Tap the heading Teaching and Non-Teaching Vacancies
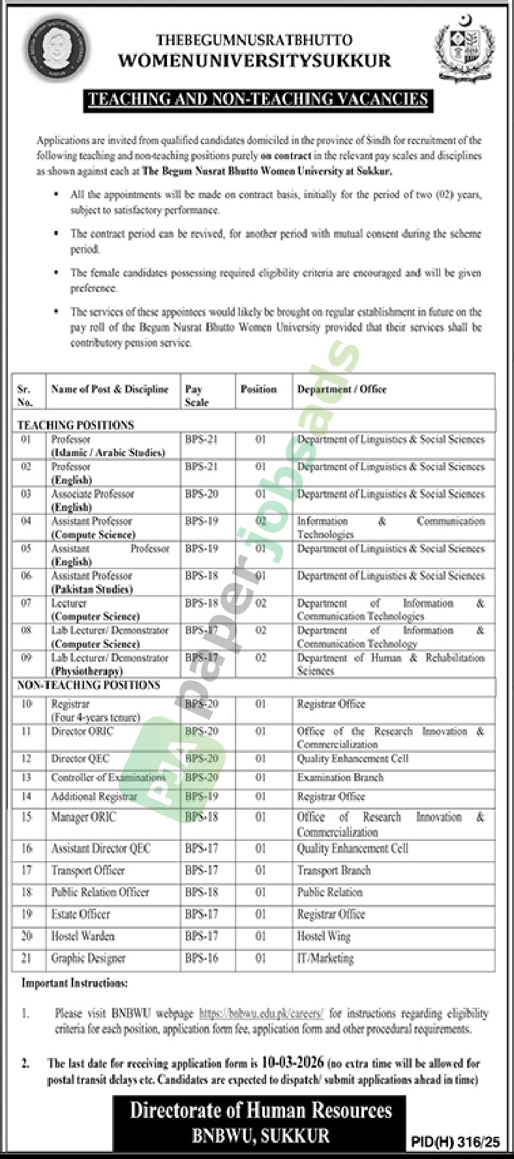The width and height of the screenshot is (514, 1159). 258,99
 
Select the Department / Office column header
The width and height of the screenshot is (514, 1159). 342,389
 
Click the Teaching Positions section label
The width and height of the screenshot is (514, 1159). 76,425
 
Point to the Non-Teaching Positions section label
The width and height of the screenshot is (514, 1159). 89,685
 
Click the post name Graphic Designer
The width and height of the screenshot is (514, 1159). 88,958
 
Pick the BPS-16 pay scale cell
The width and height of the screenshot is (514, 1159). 202,958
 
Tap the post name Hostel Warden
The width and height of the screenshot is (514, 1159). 83,936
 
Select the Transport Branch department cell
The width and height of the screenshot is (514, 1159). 334,870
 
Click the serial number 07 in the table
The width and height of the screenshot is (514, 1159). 26,603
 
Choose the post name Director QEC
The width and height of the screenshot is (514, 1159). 80,759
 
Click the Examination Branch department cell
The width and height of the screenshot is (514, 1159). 340,778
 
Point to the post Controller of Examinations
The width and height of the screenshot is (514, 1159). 108,778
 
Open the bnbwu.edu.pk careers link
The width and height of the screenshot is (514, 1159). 261,1014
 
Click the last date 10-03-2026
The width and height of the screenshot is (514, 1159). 293,1063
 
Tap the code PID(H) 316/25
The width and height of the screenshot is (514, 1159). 455,1141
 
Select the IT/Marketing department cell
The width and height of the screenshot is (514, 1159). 325,958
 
